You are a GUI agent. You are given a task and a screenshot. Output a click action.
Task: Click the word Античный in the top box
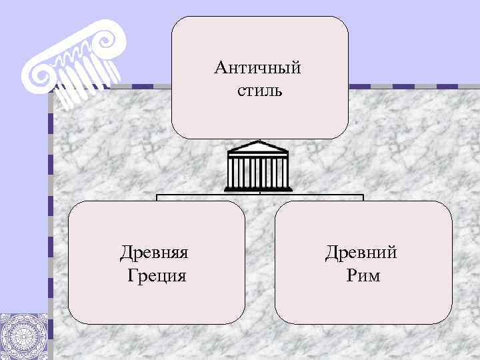tap(258, 67)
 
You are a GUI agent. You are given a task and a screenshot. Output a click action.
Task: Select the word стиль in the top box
tap(259, 89)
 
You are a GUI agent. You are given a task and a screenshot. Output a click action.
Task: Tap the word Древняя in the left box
tap(154, 253)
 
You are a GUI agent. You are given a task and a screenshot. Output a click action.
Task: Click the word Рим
tap(363, 275)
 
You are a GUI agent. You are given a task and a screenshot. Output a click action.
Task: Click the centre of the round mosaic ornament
tap(24, 337)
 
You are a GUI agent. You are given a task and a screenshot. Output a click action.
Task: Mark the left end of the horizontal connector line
tap(157, 195)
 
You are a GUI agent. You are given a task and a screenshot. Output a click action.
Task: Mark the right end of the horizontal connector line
tap(363, 195)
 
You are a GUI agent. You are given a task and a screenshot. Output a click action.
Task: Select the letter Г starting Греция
tap(131, 275)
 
